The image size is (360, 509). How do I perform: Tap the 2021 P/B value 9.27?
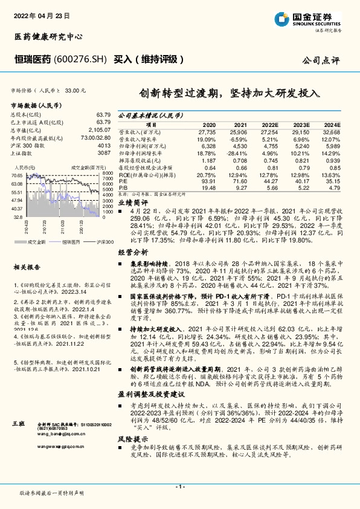point(241,187)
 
